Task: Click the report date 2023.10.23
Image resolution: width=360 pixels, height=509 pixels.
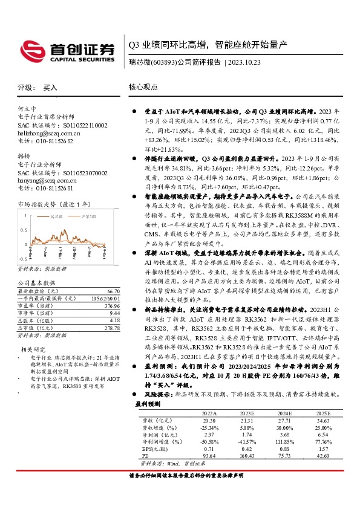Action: [x=244, y=62]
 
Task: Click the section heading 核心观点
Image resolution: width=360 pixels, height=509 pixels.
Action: [x=145, y=87]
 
